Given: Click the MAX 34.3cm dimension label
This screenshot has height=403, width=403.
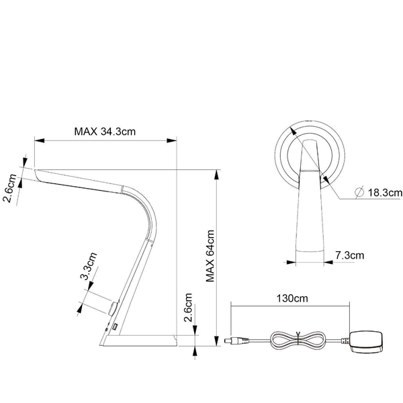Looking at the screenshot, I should [x=105, y=131].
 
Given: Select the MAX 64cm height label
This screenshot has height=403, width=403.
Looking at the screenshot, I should [x=211, y=256].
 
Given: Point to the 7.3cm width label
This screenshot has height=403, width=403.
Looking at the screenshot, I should [x=349, y=255].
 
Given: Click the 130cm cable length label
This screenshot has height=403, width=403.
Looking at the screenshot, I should [x=290, y=297].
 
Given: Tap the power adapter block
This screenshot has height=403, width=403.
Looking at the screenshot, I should [x=366, y=342].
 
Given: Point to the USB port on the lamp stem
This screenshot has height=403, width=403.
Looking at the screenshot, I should [x=115, y=327].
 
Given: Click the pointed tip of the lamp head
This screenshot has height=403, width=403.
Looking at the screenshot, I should [x=35, y=170].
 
